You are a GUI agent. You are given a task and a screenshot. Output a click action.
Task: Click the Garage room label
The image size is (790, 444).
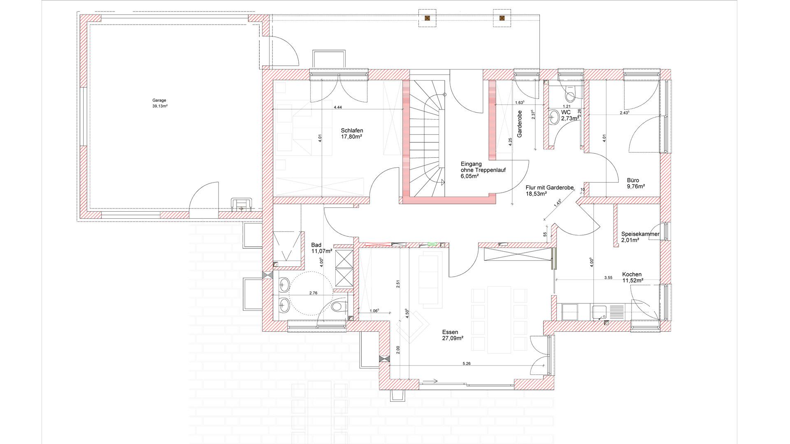pyautogui.click(x=159, y=100)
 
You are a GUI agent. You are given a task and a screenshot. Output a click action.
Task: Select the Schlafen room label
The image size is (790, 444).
pyautogui.click(x=352, y=131)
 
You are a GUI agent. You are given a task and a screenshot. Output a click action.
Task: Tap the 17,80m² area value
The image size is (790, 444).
pyautogui.click(x=351, y=137)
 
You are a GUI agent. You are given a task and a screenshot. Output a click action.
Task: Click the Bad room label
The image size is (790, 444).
pyautogui.click(x=316, y=245)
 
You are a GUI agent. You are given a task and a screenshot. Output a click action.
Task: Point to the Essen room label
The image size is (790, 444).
pyautogui.click(x=450, y=332)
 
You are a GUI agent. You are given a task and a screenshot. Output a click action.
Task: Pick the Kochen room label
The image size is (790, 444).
pyautogui.click(x=632, y=275)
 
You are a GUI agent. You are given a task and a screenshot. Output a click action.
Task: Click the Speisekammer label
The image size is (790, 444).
pyautogui.click(x=640, y=234)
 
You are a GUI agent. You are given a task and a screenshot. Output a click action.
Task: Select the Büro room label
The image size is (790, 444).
pyautogui.click(x=633, y=180)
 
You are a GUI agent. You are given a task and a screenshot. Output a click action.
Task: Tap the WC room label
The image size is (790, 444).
pyautogui.click(x=566, y=112)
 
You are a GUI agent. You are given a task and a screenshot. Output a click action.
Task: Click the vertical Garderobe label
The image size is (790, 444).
pyautogui.click(x=519, y=124)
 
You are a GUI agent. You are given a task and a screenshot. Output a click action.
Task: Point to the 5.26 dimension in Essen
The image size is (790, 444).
pyautogui.click(x=466, y=363)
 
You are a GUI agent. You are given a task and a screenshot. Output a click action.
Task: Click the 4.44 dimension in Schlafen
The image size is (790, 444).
pyautogui.click(x=337, y=107)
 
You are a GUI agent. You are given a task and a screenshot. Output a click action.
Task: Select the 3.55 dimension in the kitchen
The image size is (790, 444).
pyautogui.click(x=608, y=277)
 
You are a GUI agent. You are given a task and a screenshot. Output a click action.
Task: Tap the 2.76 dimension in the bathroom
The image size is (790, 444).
pyautogui.click(x=313, y=293)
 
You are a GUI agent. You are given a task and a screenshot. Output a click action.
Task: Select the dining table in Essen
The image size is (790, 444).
pyautogui.click(x=499, y=319)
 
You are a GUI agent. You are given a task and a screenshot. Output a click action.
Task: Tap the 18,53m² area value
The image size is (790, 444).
pyautogui.click(x=536, y=194)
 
